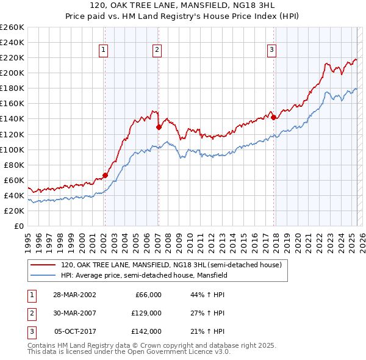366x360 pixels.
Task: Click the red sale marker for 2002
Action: tap(105, 175)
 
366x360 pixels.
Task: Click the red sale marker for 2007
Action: tap(159, 127)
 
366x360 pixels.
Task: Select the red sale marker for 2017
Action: tap(273, 117)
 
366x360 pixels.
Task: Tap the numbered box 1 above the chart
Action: tap(104, 51)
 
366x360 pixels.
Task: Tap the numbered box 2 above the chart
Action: tap(157, 51)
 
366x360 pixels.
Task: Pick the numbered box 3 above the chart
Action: tap(271, 51)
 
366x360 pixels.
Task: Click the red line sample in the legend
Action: tap(43, 265)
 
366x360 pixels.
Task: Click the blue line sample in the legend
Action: tap(43, 275)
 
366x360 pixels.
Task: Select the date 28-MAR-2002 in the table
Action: tap(74, 295)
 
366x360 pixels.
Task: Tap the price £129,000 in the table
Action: tap(146, 313)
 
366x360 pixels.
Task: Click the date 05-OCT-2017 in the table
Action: tap(74, 331)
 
